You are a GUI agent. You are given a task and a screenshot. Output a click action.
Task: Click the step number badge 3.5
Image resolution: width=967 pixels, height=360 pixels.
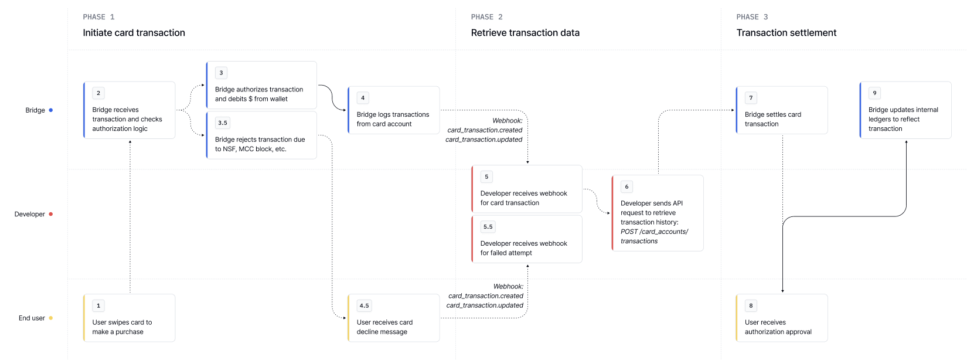[x=222, y=123]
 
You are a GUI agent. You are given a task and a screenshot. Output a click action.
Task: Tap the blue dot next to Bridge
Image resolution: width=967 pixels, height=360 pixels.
[x=50, y=110]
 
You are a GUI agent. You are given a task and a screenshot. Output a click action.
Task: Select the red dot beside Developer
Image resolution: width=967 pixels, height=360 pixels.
[x=50, y=214]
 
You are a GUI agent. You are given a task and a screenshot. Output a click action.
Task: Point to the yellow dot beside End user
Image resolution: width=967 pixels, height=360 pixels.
[x=50, y=318]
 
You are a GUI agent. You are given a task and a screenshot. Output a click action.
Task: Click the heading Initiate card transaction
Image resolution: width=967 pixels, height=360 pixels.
[x=134, y=33]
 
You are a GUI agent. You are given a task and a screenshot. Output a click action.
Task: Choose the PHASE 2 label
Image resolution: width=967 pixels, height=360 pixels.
[x=486, y=17]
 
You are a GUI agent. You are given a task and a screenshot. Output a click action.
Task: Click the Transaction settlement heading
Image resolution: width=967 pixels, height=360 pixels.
[x=786, y=33]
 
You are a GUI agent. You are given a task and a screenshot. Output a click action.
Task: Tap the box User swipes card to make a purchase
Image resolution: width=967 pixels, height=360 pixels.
[x=129, y=318]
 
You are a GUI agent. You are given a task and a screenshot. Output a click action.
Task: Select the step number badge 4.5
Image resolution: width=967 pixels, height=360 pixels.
[x=365, y=305]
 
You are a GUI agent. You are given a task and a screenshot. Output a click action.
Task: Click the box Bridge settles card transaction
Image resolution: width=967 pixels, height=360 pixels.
[x=782, y=110]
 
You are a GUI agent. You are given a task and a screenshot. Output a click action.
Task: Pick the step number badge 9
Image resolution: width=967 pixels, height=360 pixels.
[x=874, y=93]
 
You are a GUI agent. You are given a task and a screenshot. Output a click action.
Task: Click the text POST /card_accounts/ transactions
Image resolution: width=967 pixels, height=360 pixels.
[x=654, y=236]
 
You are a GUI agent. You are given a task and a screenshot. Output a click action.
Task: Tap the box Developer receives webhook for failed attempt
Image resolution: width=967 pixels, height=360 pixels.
[x=527, y=239]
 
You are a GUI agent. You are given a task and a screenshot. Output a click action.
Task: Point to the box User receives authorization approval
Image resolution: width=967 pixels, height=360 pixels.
[x=782, y=318]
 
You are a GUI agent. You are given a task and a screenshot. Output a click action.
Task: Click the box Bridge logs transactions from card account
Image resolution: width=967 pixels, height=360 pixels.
[x=394, y=110]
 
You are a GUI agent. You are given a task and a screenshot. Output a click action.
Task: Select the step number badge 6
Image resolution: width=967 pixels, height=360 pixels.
[x=626, y=186]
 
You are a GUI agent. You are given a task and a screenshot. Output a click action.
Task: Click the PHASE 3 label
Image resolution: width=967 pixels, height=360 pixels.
[x=752, y=17]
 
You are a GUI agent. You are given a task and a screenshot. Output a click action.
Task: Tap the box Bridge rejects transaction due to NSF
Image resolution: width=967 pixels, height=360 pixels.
[x=261, y=135]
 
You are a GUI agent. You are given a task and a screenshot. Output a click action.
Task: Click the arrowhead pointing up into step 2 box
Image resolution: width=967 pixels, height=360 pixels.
[x=130, y=141]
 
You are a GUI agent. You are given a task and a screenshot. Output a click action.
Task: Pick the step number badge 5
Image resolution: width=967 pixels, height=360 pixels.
[x=486, y=176]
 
